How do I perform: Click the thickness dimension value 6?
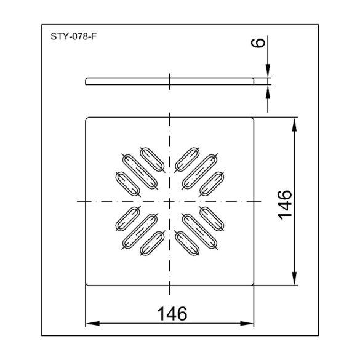point(258,43)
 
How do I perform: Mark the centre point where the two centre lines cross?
point(170,201)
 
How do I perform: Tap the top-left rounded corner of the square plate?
point(87,118)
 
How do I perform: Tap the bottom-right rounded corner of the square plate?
point(254,284)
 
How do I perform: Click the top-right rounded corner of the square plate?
point(254,118)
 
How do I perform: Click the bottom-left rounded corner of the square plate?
point(87,284)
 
